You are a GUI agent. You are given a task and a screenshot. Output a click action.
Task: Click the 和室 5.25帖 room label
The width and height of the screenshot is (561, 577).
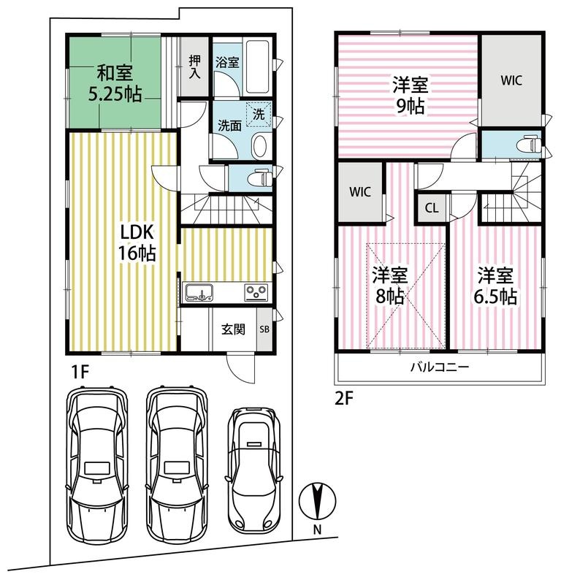coord(115,83)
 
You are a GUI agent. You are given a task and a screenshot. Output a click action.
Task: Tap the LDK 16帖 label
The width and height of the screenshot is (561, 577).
coord(137,243)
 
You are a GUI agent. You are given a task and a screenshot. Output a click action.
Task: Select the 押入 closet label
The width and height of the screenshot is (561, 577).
coord(194,66)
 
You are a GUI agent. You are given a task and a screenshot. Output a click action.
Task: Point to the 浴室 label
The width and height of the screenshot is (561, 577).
coord(227,62)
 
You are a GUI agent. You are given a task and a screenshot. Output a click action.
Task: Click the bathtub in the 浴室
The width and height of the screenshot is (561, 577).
coord(257,66)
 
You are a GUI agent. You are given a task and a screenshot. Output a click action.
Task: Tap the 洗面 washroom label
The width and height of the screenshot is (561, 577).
coord(229,126)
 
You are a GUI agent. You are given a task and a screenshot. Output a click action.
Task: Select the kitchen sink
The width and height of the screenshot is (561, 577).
coord(199,293)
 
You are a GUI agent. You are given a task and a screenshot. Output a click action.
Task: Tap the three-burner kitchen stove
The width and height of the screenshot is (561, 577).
coord(256,293)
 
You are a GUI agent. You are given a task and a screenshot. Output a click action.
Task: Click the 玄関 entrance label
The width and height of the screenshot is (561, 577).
coord(233,329)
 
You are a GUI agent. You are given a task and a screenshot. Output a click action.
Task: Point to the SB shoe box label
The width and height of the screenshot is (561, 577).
coord(264,329)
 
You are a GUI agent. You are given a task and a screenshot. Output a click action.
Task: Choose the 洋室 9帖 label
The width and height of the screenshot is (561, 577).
coord(410,95)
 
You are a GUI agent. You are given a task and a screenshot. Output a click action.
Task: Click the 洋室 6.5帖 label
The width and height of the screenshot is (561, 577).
coord(495,286)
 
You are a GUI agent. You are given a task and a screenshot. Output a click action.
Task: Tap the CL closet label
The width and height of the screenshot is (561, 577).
coord(432,208)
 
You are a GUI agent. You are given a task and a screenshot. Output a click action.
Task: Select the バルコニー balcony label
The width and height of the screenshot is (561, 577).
coord(440,367)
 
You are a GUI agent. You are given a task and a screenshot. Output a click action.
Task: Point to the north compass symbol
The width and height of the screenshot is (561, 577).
coord(317,501)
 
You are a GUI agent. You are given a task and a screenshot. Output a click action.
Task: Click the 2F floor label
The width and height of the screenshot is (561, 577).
coord(344,399)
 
